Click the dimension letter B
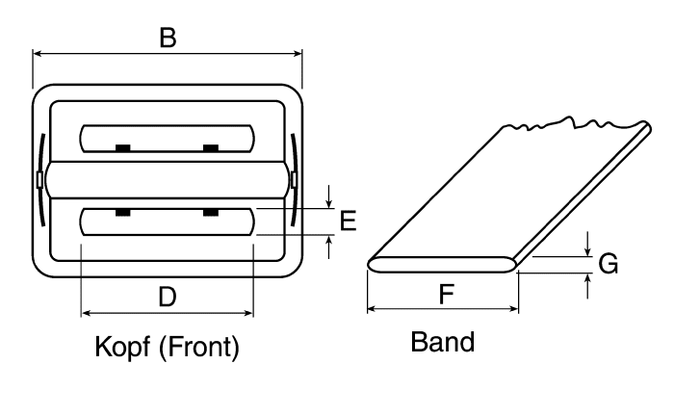click(168, 38)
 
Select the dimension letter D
click(168, 297)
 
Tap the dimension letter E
click(348, 221)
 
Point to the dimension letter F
click(447, 294)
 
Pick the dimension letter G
click(609, 264)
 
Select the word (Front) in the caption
click(199, 347)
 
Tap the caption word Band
click(443, 342)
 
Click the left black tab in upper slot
click(123, 148)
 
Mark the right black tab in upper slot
click(211, 148)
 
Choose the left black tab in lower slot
click(123, 212)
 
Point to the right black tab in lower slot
click(211, 212)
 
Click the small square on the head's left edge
click(40, 180)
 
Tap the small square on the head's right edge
click(295, 180)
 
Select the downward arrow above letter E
click(329, 196)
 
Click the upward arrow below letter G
click(587, 286)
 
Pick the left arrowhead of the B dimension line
click(38, 53)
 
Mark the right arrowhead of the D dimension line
click(248, 313)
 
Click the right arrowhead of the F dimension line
click(513, 308)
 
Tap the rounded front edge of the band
click(443, 265)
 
